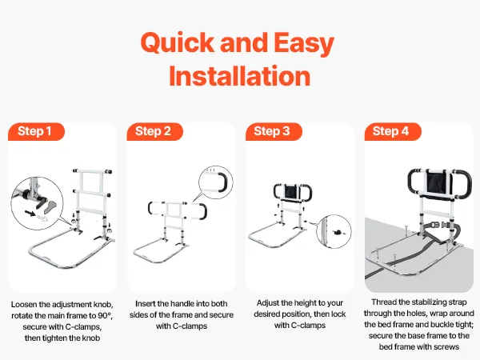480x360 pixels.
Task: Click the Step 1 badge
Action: pyautogui.click(x=37, y=132)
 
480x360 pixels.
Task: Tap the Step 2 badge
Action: pyautogui.click(x=154, y=132)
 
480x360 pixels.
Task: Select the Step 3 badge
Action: pyautogui.click(x=274, y=132)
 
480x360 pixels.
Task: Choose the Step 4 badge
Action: pyautogui.click(x=393, y=132)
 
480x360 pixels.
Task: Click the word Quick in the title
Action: pyautogui.click(x=178, y=43)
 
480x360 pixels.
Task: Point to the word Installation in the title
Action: pyautogui.click(x=240, y=76)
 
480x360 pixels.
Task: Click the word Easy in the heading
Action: pyautogui.click(x=304, y=44)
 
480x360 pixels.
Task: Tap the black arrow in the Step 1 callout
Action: pyautogui.click(x=30, y=213)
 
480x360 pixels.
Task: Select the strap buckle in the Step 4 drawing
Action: pyautogui.click(x=439, y=225)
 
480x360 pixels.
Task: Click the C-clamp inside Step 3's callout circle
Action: pyautogui.click(x=338, y=233)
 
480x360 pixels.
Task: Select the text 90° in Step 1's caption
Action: pyautogui.click(x=105, y=316)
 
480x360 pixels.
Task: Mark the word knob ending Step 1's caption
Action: pyautogui.click(x=91, y=338)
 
